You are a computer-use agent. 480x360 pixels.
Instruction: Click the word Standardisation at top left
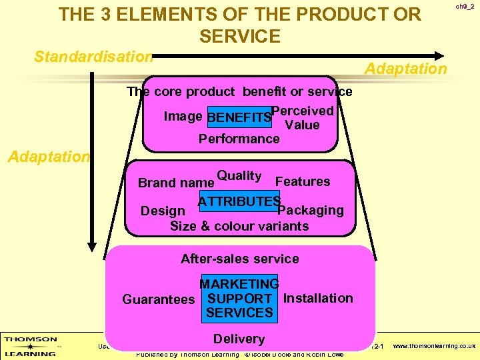click(x=93, y=57)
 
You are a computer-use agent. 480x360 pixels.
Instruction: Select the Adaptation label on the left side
click(x=48, y=157)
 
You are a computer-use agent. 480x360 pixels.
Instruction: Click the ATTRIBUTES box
click(x=239, y=201)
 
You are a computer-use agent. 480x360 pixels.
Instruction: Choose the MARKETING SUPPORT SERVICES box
click(x=239, y=299)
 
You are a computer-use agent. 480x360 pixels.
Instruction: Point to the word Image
click(x=183, y=117)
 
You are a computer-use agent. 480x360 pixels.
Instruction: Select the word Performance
click(x=239, y=139)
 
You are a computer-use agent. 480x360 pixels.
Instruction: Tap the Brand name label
click(x=175, y=183)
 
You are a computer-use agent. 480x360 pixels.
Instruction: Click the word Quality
click(x=239, y=176)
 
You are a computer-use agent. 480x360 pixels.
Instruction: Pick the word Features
click(x=303, y=181)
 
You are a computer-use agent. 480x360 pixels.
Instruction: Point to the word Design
click(x=163, y=211)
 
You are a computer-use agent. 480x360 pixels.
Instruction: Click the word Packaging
click(x=311, y=211)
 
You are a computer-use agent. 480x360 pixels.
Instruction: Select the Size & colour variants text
click(x=239, y=226)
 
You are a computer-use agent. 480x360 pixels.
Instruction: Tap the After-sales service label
click(x=239, y=259)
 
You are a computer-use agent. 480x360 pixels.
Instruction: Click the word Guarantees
click(x=159, y=299)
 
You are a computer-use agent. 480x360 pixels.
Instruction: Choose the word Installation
click(x=318, y=298)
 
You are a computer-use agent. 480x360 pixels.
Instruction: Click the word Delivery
click(x=239, y=339)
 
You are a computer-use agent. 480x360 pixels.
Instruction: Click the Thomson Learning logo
click(x=30, y=346)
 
